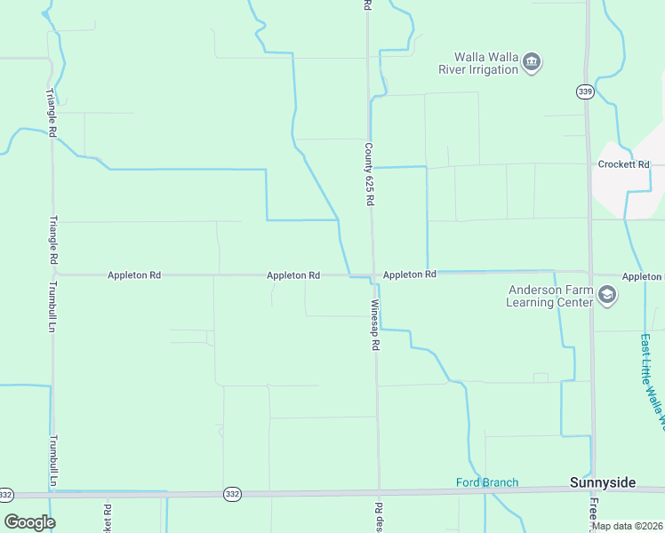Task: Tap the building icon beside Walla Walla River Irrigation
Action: [533, 61]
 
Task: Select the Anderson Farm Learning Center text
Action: [549, 296]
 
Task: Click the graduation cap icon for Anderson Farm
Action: [607, 295]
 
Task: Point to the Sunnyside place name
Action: [602, 482]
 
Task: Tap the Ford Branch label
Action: [486, 482]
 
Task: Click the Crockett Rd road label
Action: [624, 164]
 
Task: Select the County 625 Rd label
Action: [368, 173]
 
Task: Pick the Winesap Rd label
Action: [375, 324]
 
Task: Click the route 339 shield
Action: [584, 91]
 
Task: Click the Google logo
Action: [29, 521]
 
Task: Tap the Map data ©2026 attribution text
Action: [626, 526]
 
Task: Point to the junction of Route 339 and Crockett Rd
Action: [588, 164]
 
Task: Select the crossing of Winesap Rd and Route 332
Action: [378, 492]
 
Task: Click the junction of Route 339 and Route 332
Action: [592, 489]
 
